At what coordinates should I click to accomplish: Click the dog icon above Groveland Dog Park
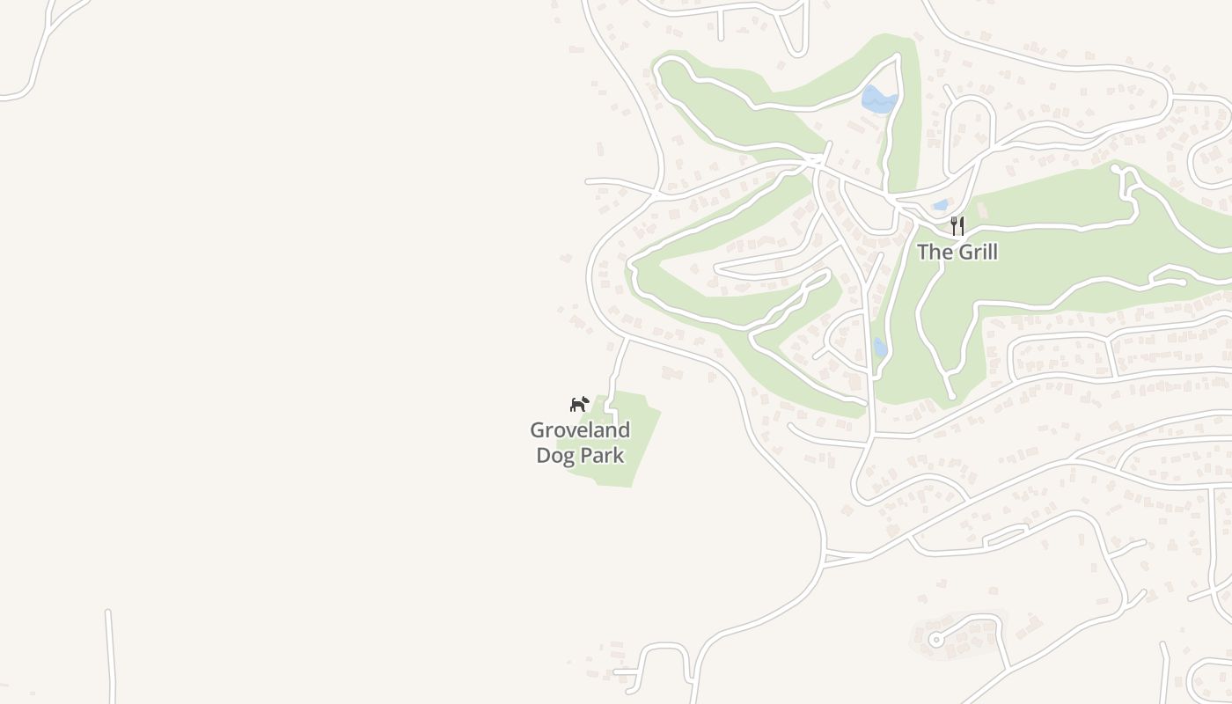[x=578, y=404]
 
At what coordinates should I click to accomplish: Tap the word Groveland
[x=580, y=430]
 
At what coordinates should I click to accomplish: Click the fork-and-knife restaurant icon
[x=957, y=226]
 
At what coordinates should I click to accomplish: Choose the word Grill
[x=978, y=253]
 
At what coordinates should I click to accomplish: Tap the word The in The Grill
[x=935, y=253]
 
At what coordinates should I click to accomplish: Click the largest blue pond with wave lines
[x=878, y=99]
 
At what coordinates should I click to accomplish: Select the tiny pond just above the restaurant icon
[x=941, y=205]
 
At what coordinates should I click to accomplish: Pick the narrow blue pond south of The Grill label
[x=880, y=347]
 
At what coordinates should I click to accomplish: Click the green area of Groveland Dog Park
[x=629, y=440]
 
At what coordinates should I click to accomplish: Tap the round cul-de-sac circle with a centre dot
[x=936, y=640]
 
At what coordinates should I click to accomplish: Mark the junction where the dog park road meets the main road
[x=627, y=337]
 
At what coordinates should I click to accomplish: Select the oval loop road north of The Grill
[x=969, y=132]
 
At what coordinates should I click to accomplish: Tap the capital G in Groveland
[x=537, y=430]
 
